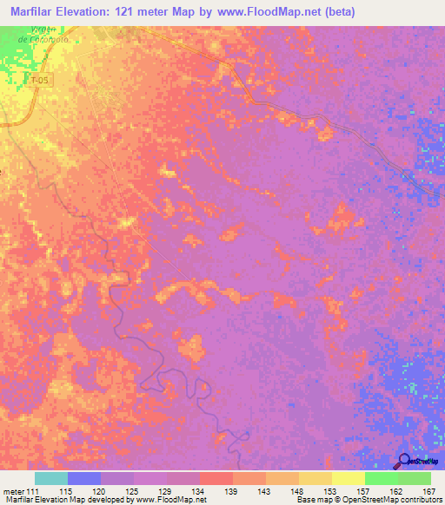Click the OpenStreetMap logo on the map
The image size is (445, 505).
417,461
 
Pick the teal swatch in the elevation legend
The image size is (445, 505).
51,478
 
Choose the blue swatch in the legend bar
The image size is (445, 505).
84,478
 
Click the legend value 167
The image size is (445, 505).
427,491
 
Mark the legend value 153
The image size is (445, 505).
328,491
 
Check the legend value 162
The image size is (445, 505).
394,491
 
